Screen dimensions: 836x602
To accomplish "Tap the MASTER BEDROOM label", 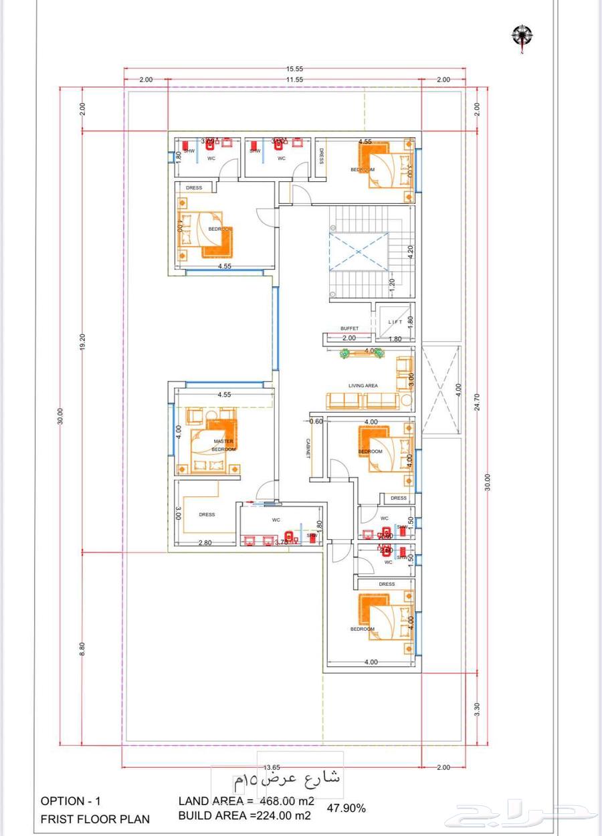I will click(223, 445).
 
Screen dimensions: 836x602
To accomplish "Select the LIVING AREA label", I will click(363, 386).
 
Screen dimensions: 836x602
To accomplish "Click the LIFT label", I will click(395, 322).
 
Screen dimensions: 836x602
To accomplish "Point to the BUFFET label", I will click(349, 328).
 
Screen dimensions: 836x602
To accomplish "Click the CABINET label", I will click(308, 447).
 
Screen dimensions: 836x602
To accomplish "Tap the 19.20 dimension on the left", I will click(83, 342).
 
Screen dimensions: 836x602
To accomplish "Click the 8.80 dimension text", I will click(83, 648).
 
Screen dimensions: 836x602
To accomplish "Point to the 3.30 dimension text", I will click(477, 708).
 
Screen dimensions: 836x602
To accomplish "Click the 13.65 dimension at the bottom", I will click(272, 768).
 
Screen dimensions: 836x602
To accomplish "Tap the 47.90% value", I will click(346, 808).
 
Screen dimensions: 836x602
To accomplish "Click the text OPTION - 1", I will click(72, 801).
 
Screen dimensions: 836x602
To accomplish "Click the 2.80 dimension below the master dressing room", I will click(205, 542).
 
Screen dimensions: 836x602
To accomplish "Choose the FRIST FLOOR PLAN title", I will click(95, 819).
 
